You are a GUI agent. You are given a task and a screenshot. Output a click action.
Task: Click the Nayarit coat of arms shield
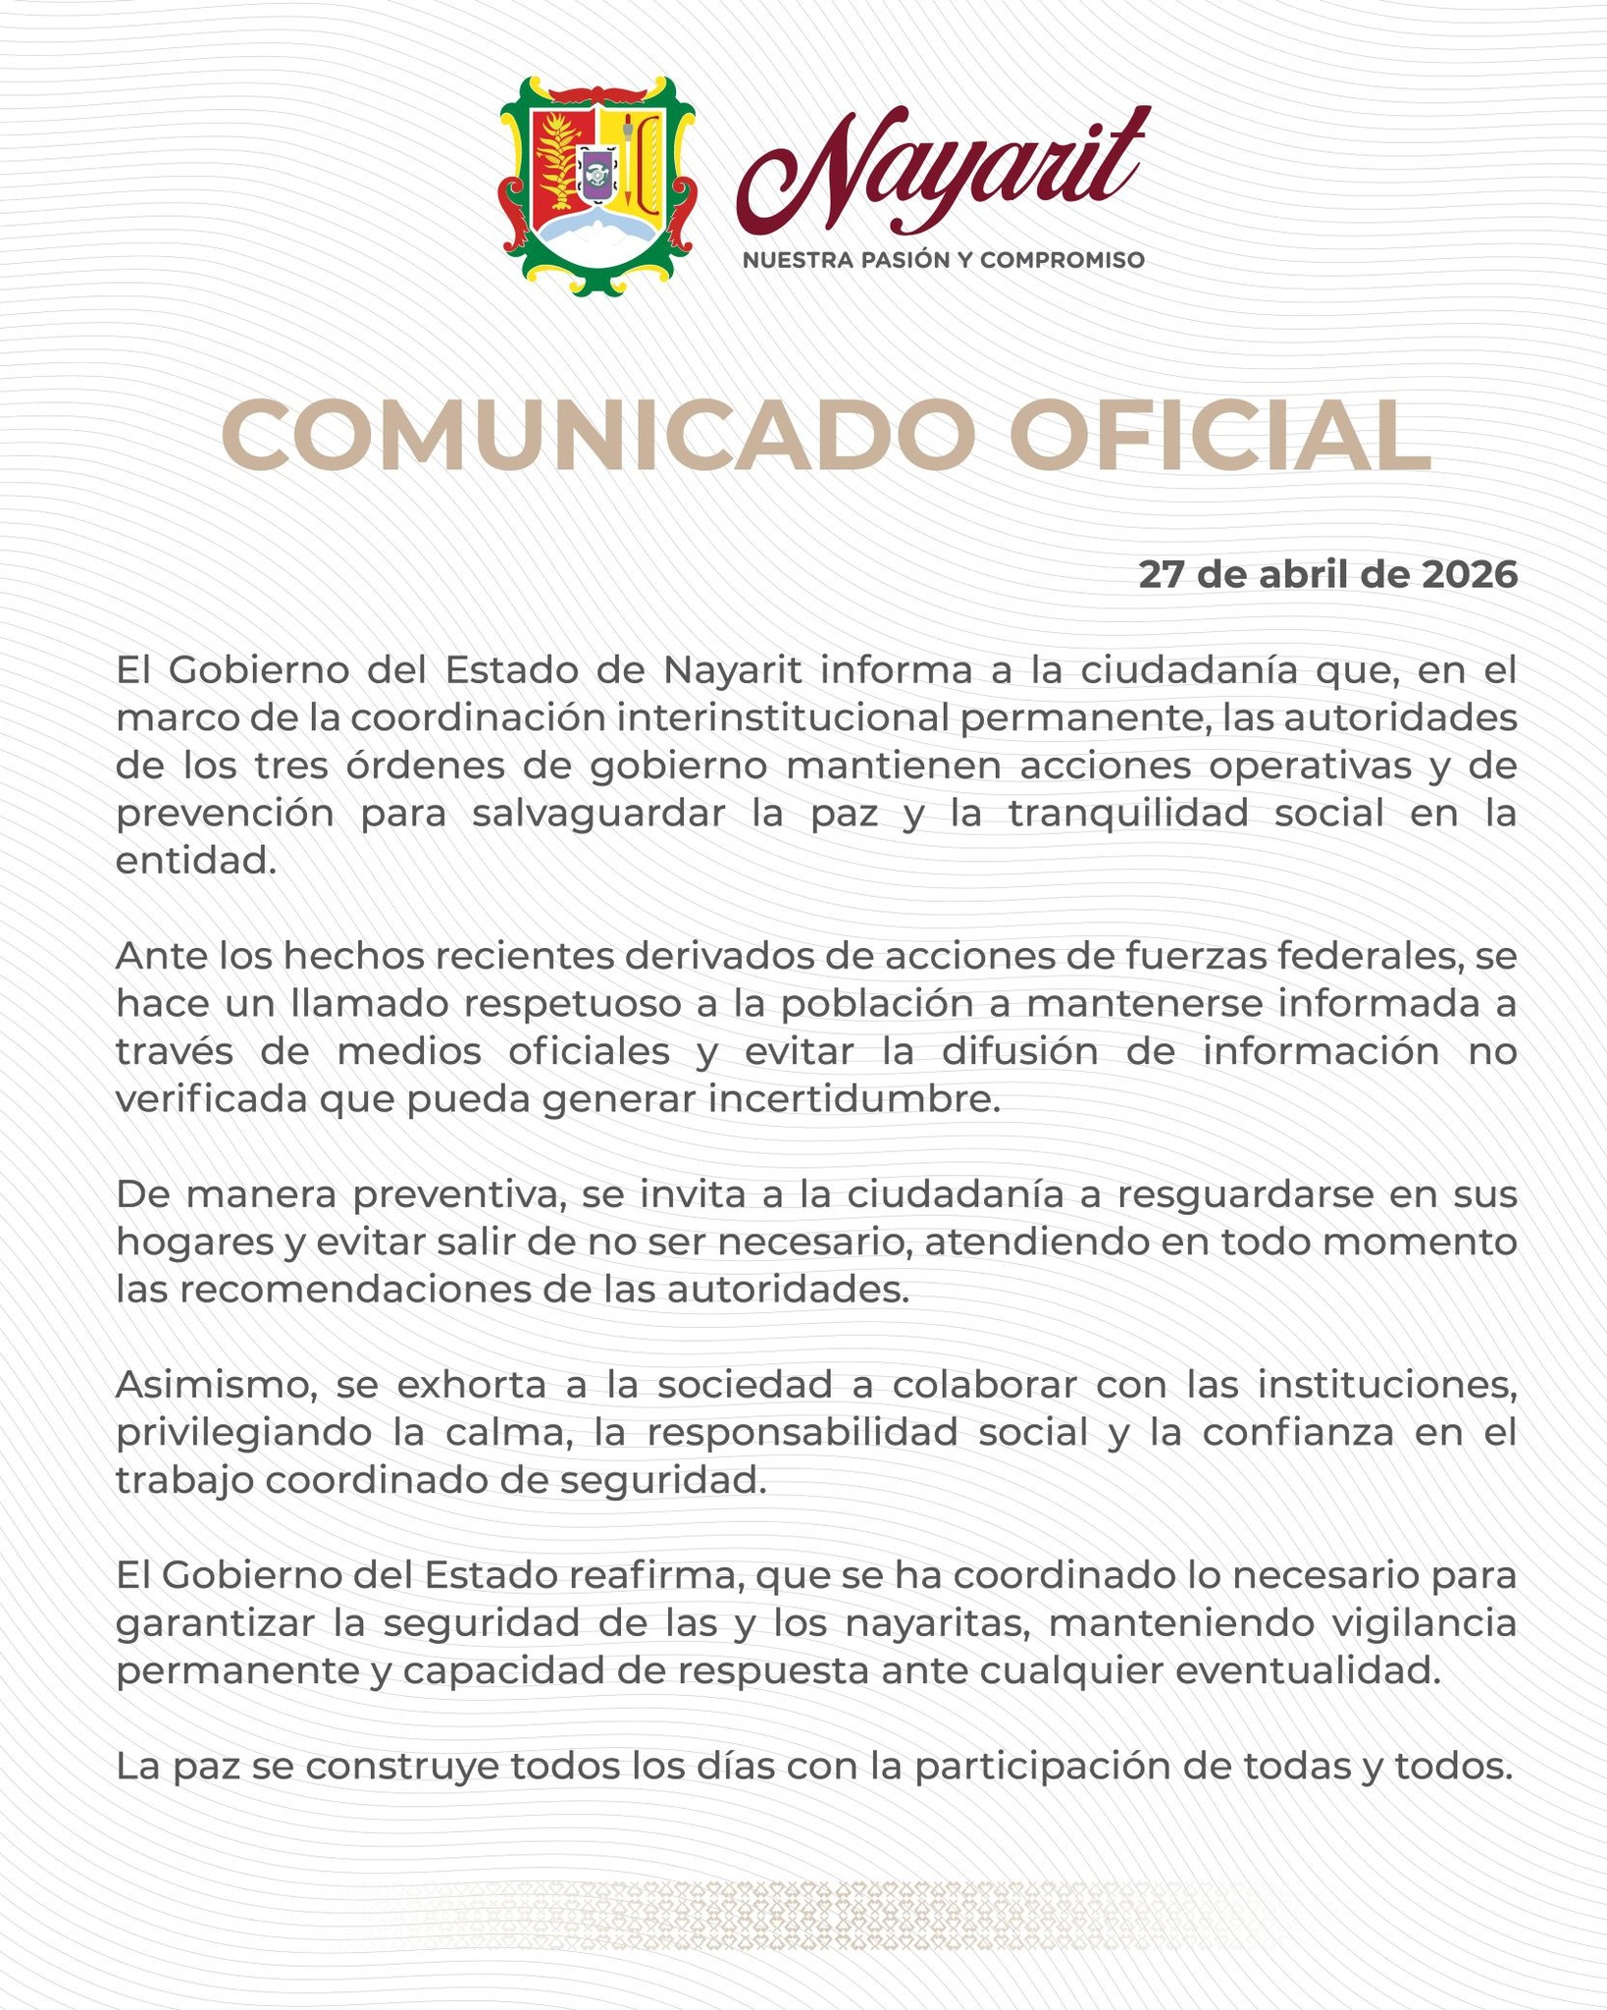tap(597, 185)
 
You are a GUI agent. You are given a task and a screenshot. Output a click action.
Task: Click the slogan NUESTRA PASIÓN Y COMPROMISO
tap(943, 260)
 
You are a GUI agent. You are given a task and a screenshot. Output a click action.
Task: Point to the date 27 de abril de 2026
tap(1327, 575)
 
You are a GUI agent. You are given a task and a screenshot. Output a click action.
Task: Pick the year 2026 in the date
tap(1469, 575)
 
